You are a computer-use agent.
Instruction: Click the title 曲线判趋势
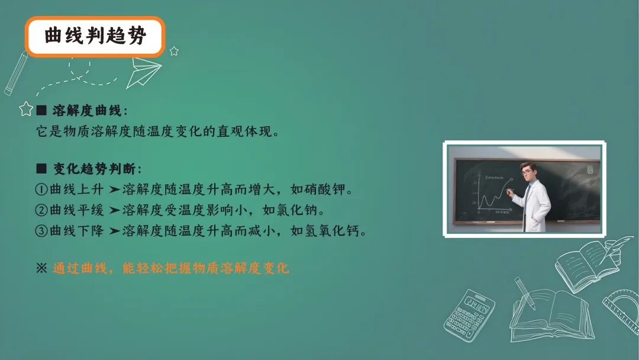[95, 37]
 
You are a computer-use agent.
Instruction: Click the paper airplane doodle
[146, 70]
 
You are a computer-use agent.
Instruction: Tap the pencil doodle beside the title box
[16, 73]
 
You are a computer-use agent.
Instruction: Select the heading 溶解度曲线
[86, 111]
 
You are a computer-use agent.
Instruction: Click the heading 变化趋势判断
[97, 169]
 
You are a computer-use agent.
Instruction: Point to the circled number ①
[41, 190]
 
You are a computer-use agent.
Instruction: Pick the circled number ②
[41, 210]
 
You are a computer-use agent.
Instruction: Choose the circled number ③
[41, 230]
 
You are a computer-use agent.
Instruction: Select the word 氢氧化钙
[334, 230]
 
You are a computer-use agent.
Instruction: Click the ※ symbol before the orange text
[41, 268]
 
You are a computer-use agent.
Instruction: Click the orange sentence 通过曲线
[170, 268]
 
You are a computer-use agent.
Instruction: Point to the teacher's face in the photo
[525, 172]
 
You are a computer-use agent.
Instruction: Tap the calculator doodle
[469, 315]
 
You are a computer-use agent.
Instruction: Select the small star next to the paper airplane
[174, 52]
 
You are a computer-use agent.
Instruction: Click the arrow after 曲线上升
[114, 190]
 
